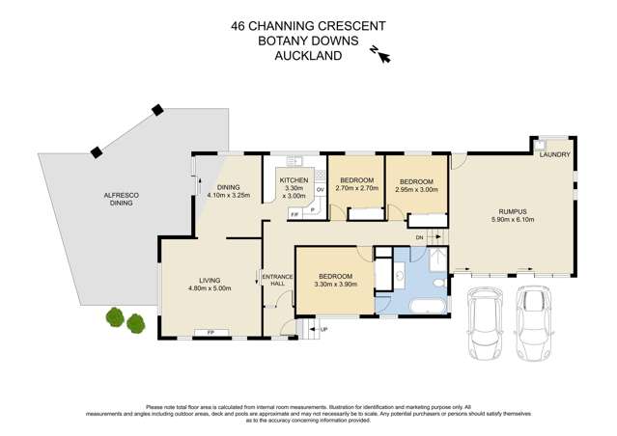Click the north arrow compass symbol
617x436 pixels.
(x=381, y=56)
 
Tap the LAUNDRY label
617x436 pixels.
(x=555, y=154)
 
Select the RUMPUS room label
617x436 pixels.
(x=512, y=211)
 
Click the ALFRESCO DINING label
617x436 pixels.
(x=123, y=200)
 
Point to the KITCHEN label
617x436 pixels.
(x=294, y=180)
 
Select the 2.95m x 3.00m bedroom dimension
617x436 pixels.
(x=416, y=189)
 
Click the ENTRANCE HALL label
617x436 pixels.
(x=274, y=282)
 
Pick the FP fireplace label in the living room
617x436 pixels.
(x=209, y=333)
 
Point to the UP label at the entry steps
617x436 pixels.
(x=323, y=330)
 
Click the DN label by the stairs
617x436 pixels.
(x=419, y=237)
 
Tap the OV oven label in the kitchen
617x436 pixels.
(x=319, y=189)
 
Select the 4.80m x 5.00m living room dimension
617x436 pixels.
(x=210, y=287)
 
